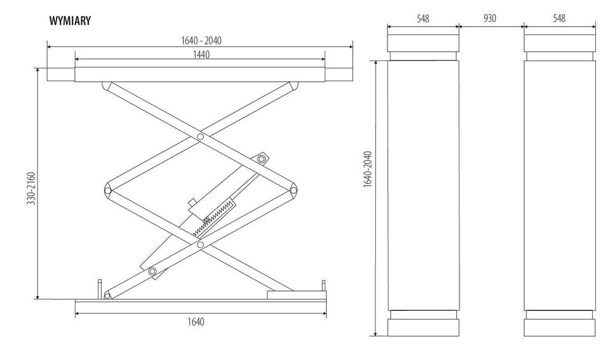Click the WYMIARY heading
pos(70,20)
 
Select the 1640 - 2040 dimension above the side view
pos(201,41)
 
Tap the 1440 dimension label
pos(201,54)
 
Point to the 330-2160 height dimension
pos(31,188)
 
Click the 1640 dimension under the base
pos(196,322)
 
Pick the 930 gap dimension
pos(490,18)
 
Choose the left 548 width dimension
pos(423,18)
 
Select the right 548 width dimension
pos(559,18)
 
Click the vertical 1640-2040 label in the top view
pos(368,169)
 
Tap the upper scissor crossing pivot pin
pos(200,137)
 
